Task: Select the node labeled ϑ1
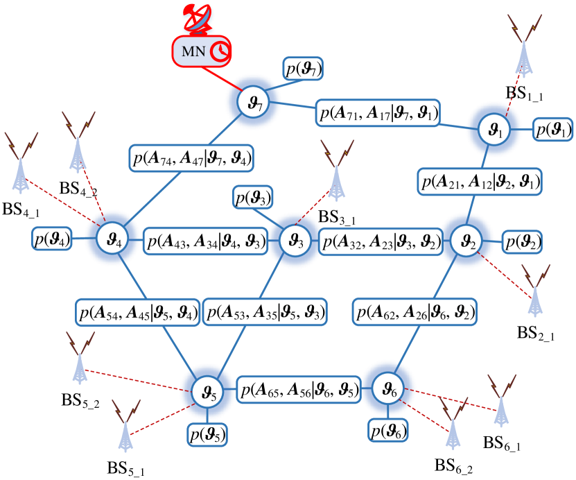(493, 129)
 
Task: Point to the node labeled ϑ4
(113, 239)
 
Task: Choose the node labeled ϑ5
(208, 393)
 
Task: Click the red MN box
(202, 51)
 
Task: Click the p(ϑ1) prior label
(552, 130)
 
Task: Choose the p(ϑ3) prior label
(253, 198)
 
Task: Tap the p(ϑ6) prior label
(388, 430)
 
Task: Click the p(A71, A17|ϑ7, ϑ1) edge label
(378, 112)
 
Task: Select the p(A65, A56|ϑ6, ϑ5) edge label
(299, 388)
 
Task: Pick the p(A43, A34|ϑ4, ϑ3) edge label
(206, 242)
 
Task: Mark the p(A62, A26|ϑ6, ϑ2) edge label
(414, 311)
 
